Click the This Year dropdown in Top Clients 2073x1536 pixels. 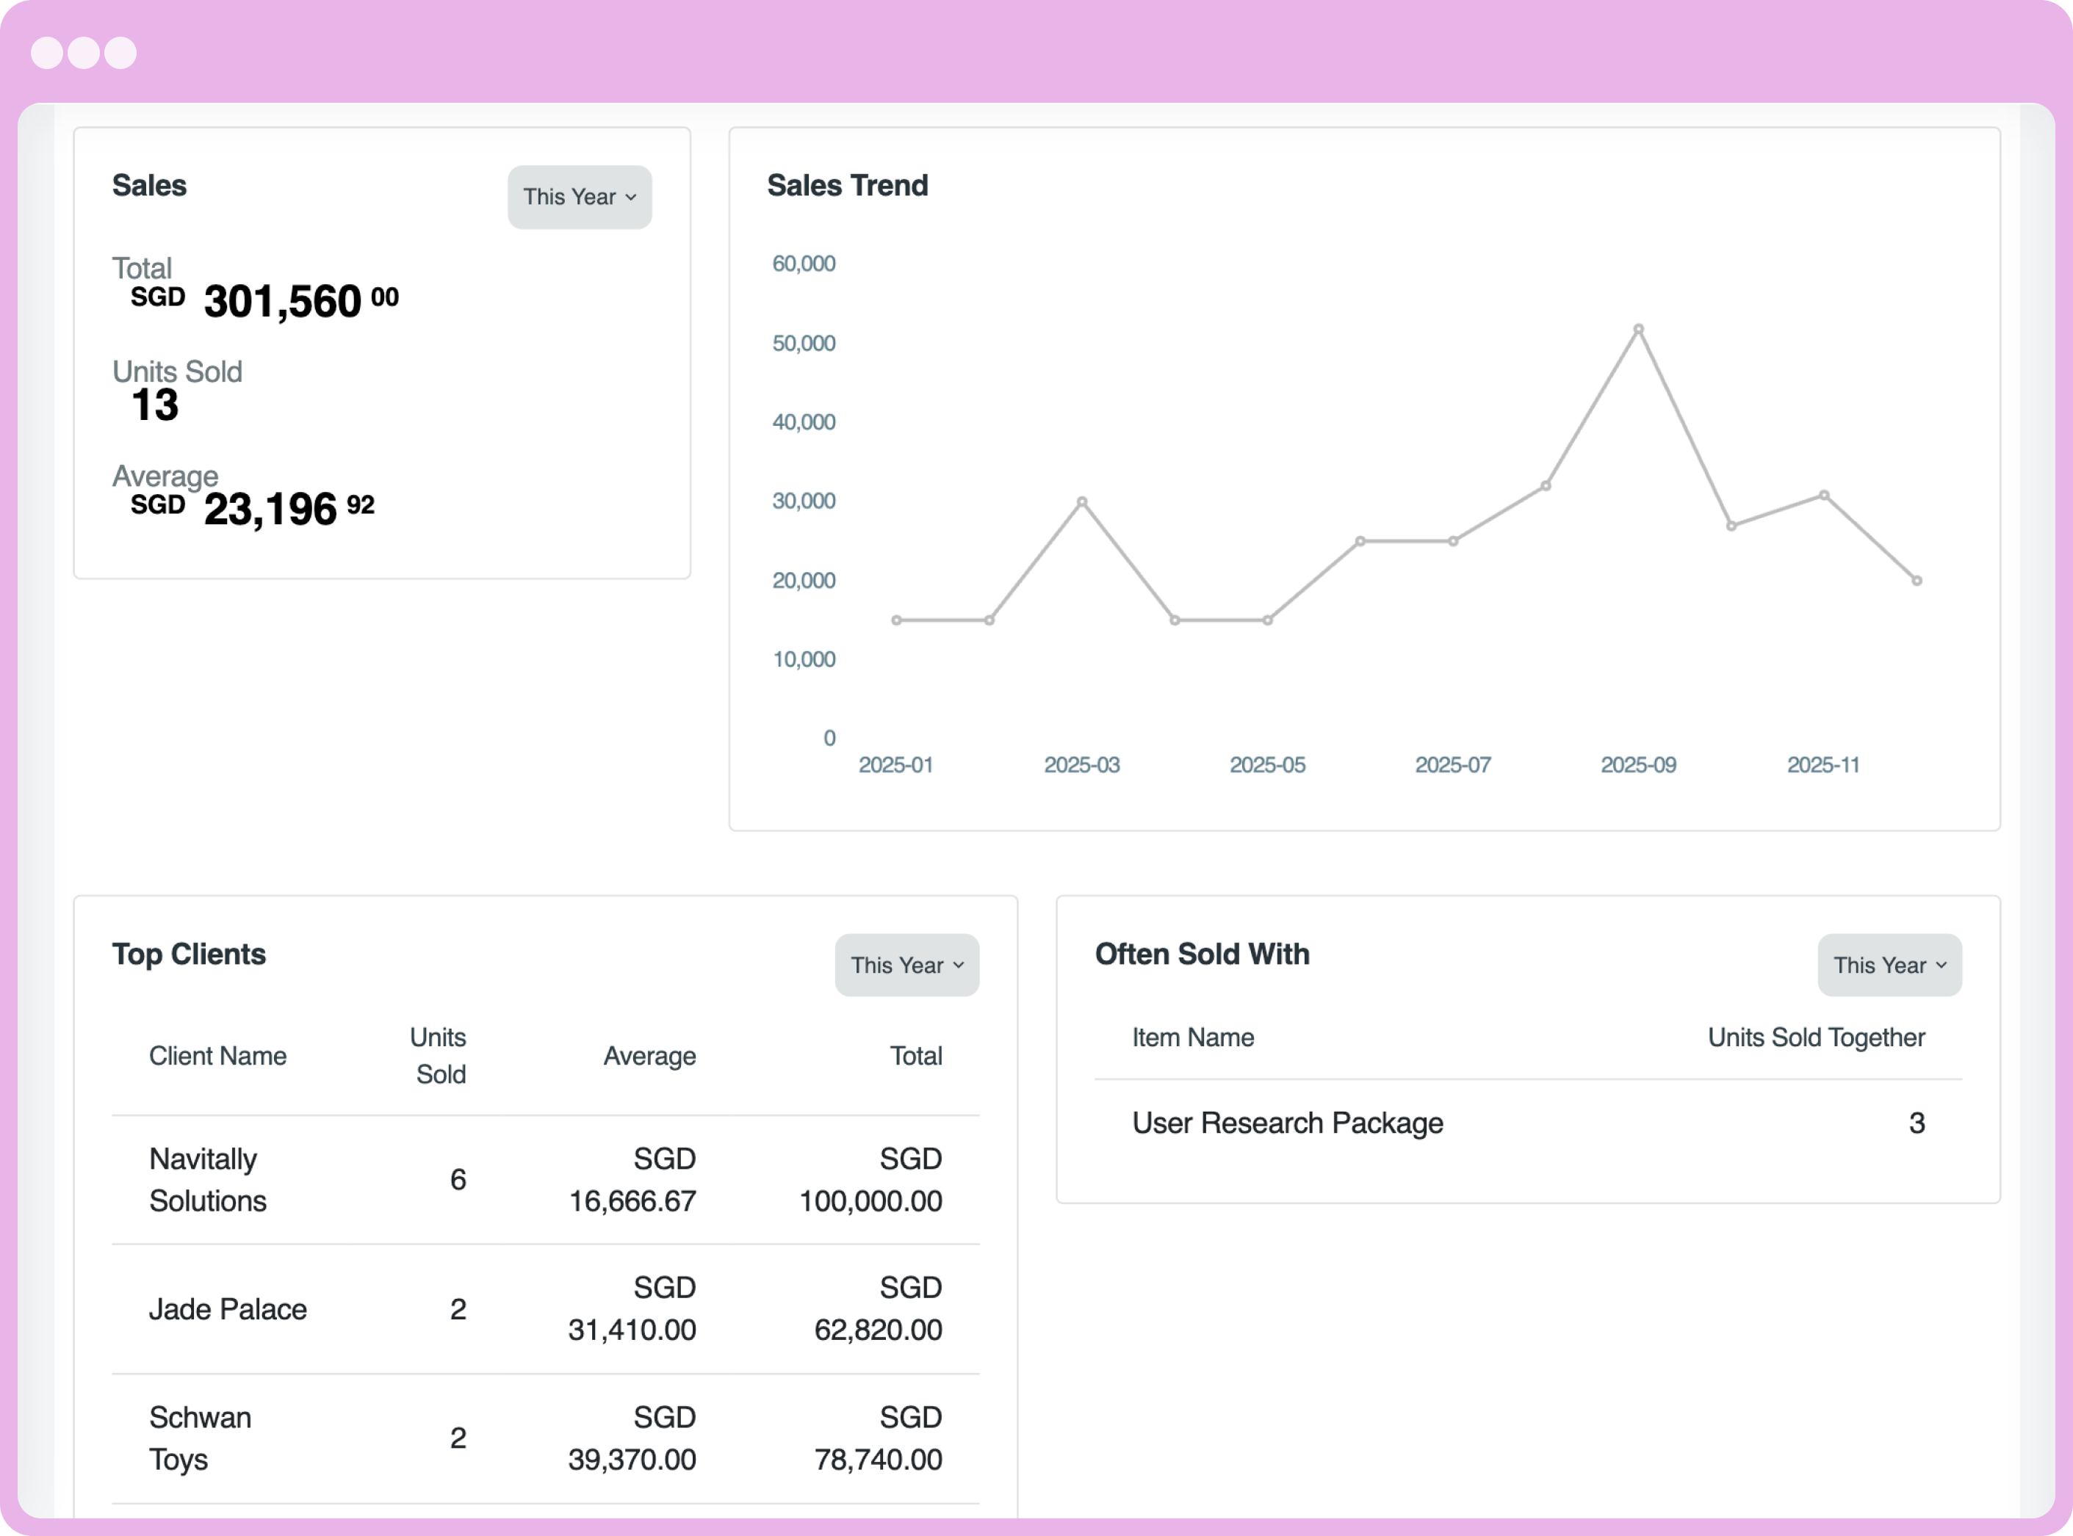point(906,965)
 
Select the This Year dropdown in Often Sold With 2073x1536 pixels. point(1889,965)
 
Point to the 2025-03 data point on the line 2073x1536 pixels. point(1081,502)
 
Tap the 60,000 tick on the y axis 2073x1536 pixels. point(804,264)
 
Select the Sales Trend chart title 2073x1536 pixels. point(847,186)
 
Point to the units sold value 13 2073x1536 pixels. point(155,405)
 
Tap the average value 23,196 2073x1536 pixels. point(270,510)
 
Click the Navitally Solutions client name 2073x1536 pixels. point(207,1180)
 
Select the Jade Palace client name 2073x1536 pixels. point(228,1309)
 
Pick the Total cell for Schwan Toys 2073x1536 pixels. point(878,1438)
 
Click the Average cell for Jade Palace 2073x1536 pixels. point(632,1309)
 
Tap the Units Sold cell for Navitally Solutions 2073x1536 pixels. point(458,1180)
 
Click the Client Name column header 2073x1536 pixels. point(217,1057)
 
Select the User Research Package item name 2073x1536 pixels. point(1287,1123)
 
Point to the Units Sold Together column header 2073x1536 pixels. point(1815,1037)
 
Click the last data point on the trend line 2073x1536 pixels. point(1917,581)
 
